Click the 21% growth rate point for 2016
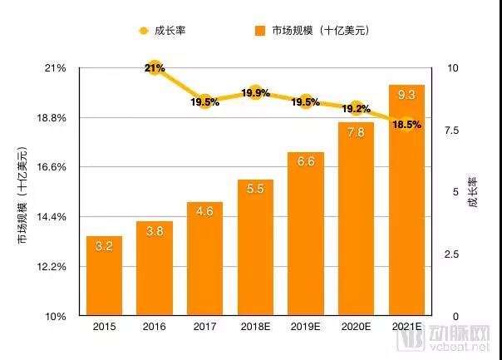[154, 67]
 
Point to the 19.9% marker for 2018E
[255, 93]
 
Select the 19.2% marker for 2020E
[356, 108]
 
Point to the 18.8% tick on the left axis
[52, 117]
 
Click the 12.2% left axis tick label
[52, 267]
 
